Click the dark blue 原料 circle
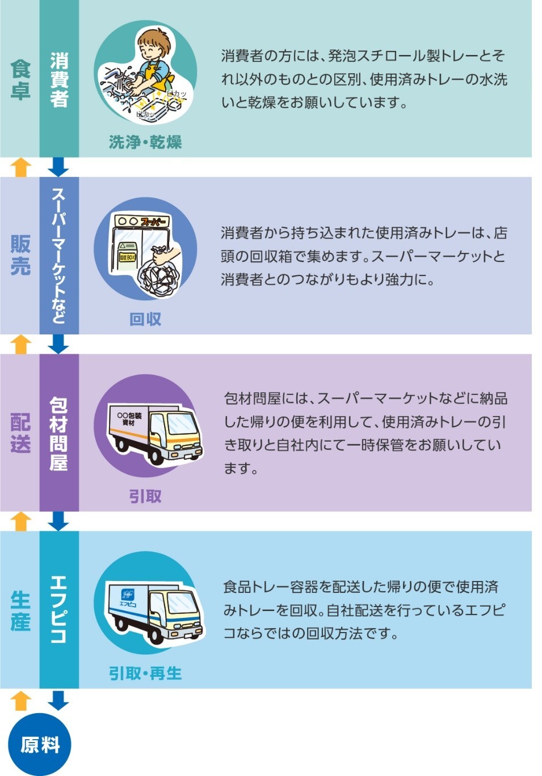click(40, 744)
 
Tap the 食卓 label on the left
click(20, 80)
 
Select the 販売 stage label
click(20, 255)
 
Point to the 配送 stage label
click(20, 432)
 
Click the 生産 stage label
click(20, 610)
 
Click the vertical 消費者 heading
click(59, 80)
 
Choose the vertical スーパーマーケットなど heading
click(59, 255)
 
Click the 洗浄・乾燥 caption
click(145, 142)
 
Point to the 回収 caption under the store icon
click(145, 319)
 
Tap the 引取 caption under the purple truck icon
click(145, 497)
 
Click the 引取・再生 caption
click(145, 673)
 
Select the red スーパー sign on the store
click(153, 221)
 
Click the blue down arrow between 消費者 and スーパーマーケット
click(58, 167)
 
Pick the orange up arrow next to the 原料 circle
click(21, 701)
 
